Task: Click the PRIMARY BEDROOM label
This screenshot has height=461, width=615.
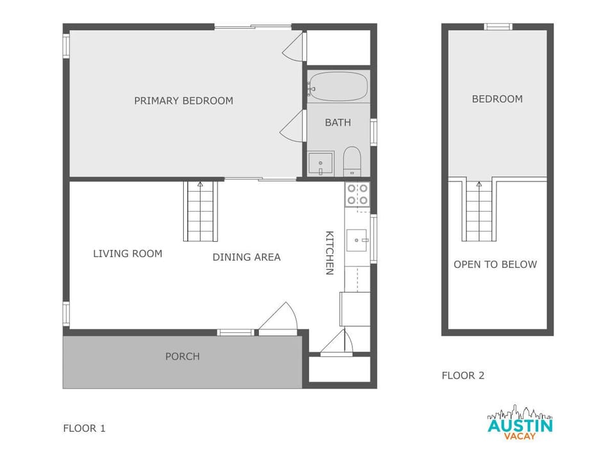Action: coord(183,101)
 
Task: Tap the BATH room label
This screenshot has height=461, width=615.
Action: coord(338,122)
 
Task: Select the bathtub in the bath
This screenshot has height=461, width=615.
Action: coord(338,87)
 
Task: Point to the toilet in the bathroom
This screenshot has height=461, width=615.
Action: coord(352,162)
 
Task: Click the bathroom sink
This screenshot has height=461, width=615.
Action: coord(320,163)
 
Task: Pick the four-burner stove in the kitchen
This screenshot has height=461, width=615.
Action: coord(357,194)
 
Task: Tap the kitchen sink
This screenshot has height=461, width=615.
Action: coord(357,240)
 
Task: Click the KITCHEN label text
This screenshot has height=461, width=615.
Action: coord(329,253)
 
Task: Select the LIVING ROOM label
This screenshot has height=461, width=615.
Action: coord(127,253)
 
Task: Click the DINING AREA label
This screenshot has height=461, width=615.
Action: coord(247,257)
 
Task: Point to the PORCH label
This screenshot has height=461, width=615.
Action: coord(183,356)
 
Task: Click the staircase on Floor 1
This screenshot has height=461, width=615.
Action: coord(201,211)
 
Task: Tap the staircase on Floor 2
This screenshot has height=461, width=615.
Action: coord(479,211)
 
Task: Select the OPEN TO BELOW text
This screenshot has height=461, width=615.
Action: coord(495,264)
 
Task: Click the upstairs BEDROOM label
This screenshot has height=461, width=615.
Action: coord(497,99)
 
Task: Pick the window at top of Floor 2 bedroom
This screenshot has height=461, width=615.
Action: coord(498,27)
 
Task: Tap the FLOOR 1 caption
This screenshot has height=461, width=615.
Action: coord(84,428)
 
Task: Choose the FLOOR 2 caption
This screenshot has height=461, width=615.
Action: coord(463,376)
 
